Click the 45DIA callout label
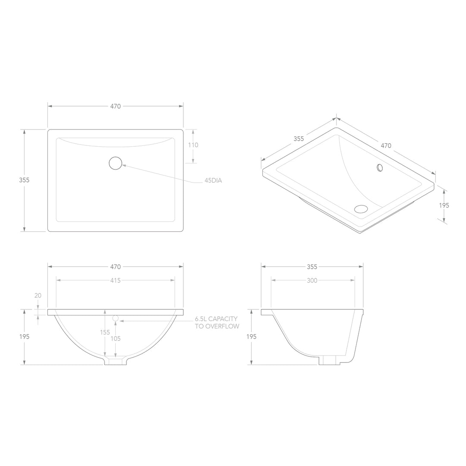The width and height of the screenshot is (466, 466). [x=213, y=181]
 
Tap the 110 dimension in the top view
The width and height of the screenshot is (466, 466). [x=193, y=145]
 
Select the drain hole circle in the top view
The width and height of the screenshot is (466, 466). [x=116, y=163]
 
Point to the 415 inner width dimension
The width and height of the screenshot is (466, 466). [x=115, y=280]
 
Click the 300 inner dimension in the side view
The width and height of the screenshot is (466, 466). [x=312, y=280]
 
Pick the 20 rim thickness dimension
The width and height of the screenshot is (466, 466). [x=38, y=296]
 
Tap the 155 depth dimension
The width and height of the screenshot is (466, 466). [x=105, y=332]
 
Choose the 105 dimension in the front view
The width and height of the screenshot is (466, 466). [x=115, y=339]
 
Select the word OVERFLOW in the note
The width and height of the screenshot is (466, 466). [x=222, y=326]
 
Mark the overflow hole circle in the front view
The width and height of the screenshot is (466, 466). [x=115, y=318]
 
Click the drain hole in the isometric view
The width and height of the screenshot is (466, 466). [x=361, y=209]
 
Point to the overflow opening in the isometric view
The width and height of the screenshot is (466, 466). [x=380, y=167]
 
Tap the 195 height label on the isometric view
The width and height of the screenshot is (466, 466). [x=444, y=205]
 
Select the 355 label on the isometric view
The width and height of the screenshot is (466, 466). [x=299, y=139]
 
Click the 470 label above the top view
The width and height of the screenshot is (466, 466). [x=115, y=106]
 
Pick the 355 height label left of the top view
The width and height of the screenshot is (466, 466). [x=25, y=180]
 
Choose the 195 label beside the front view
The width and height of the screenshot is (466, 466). [x=25, y=337]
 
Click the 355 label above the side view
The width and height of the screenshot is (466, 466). [x=312, y=267]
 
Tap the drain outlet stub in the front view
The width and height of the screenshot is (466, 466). [x=116, y=361]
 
